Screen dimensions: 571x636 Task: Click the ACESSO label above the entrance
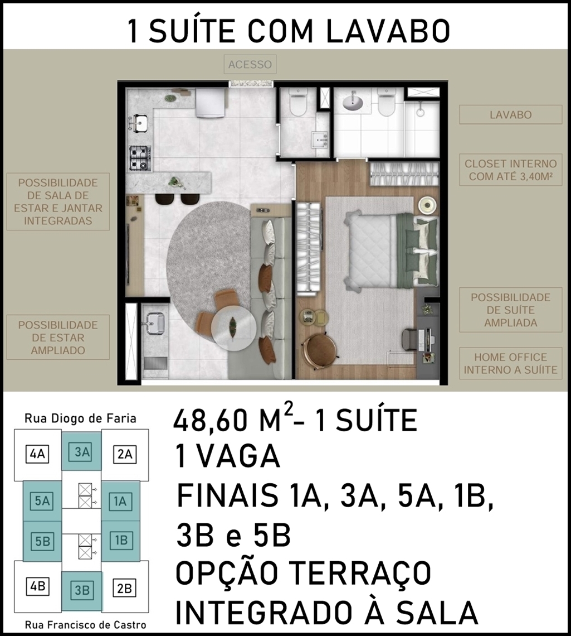(250, 65)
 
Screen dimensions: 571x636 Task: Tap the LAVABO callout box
(510, 115)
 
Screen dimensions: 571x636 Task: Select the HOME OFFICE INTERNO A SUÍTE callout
(510, 363)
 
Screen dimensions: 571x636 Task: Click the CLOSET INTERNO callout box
(510, 170)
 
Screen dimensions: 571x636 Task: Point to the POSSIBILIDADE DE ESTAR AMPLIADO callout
(58, 338)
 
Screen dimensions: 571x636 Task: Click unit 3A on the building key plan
(82, 451)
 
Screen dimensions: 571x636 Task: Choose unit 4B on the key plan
(38, 586)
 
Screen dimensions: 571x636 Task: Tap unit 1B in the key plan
(121, 541)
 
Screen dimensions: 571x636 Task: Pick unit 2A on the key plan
(125, 454)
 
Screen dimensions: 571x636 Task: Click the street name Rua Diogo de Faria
(80, 418)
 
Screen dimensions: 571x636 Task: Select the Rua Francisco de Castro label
(85, 625)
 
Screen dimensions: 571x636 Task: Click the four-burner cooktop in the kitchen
(140, 158)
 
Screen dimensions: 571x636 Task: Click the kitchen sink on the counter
(138, 123)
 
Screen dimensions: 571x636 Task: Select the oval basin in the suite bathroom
(353, 102)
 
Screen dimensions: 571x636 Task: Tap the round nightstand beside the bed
(428, 205)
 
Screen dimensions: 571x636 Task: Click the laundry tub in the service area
(155, 323)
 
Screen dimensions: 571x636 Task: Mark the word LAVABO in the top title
(388, 31)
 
